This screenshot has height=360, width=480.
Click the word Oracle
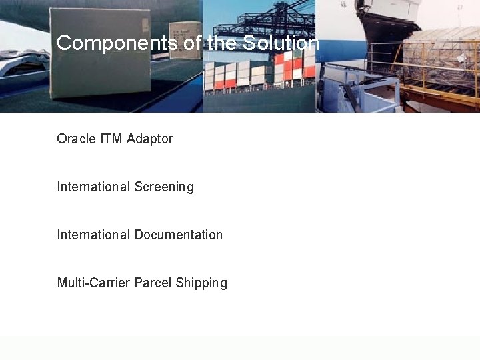click(x=76, y=139)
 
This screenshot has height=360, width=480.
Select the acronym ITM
click(x=111, y=139)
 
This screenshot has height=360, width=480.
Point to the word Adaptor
click(x=150, y=139)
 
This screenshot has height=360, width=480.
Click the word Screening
click(x=164, y=187)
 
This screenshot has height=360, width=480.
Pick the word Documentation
click(x=179, y=235)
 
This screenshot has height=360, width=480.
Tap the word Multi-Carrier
click(x=93, y=283)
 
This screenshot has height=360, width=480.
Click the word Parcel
click(x=153, y=283)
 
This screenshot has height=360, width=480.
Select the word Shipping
click(x=201, y=283)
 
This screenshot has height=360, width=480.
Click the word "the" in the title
click(x=223, y=43)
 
